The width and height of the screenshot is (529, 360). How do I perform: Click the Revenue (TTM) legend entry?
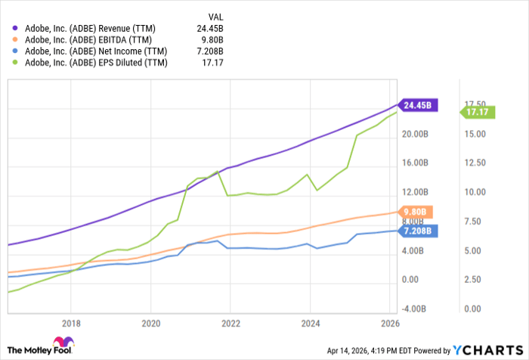tap(89, 28)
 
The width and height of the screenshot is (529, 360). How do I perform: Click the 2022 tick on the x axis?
tap(230, 323)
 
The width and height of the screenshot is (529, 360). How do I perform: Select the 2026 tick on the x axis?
tap(390, 323)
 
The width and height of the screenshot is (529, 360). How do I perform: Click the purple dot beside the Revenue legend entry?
tap(15, 28)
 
